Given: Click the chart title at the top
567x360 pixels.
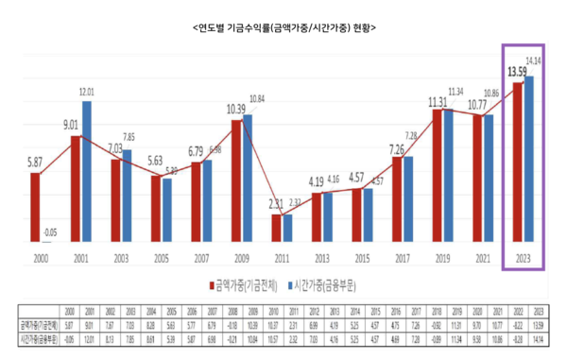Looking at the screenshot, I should pyautogui.click(x=283, y=28).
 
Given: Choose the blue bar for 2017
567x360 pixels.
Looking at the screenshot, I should pyautogui.click(x=408, y=197).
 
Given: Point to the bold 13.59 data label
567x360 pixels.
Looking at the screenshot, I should pyautogui.click(x=517, y=71).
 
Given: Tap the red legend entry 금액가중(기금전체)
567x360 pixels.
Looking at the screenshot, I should pyautogui.click(x=244, y=282).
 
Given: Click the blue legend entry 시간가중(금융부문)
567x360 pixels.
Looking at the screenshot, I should pyautogui.click(x=332, y=282).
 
